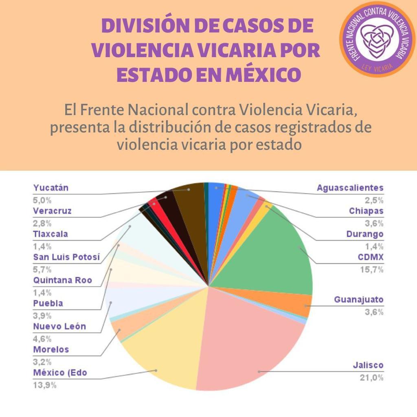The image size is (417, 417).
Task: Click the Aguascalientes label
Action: (x=350, y=188)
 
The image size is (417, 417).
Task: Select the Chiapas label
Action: (x=366, y=211)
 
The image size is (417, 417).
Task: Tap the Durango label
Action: (x=365, y=234)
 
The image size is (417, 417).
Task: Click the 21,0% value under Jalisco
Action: (x=371, y=377)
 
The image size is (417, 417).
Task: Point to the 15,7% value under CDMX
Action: (x=371, y=269)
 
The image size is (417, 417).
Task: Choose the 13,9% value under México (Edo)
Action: (x=44, y=385)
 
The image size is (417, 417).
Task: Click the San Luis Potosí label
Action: (x=66, y=257)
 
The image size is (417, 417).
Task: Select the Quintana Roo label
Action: (x=62, y=281)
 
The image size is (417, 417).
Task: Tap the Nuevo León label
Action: (x=59, y=327)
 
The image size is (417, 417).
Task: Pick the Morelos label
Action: (x=51, y=349)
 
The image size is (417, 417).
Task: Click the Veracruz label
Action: (x=52, y=211)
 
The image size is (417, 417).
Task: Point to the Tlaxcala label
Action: (x=50, y=234)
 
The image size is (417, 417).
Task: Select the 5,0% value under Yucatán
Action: (x=42, y=200)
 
